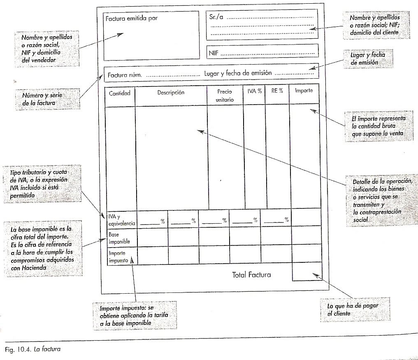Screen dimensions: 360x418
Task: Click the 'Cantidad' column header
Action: coord(119,93)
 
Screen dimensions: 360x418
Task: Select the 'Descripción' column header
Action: coord(171,93)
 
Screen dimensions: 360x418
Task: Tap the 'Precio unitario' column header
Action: coord(225,96)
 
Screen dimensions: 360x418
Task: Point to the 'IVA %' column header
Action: coord(254,91)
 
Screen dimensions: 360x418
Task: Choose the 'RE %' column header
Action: coord(277,91)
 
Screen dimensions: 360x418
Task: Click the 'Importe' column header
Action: coord(304,91)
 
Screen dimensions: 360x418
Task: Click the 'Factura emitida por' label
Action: coord(131,19)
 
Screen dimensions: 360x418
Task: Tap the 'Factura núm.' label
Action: coord(125,75)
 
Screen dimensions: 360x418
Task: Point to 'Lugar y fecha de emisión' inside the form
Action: coord(237,73)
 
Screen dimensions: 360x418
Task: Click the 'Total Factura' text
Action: coord(251,275)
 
